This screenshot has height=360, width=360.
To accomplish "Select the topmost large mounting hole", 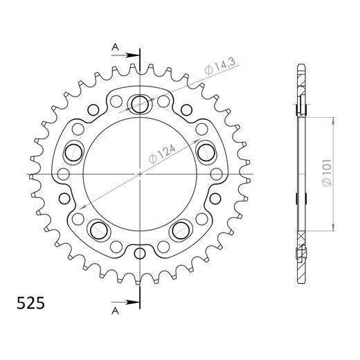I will [x=140, y=103].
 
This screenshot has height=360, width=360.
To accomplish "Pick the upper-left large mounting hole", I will [x=73, y=151].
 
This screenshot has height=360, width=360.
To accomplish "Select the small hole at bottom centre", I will [x=140, y=252].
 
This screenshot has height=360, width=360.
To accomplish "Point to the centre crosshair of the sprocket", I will [x=140, y=174].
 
